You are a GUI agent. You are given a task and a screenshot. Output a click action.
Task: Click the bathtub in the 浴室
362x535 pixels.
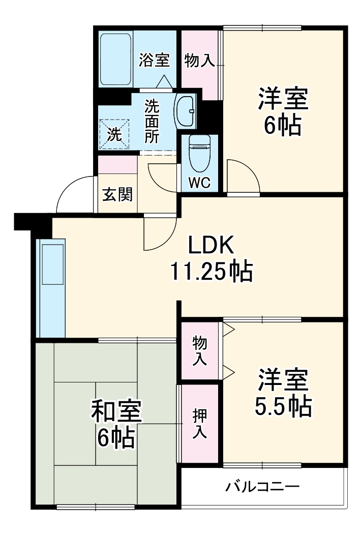click(x=115, y=60)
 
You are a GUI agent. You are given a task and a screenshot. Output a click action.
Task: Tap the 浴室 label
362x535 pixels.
click(x=154, y=60)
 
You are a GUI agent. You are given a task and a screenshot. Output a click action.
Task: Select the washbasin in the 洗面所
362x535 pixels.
click(x=185, y=111)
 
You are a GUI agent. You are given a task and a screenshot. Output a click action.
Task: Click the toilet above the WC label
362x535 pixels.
click(x=200, y=153)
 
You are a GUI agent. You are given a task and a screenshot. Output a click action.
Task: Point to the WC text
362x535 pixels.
click(x=200, y=183)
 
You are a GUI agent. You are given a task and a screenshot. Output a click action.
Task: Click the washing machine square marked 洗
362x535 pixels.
click(x=114, y=134)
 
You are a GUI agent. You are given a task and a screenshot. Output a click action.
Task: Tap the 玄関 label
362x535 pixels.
click(x=117, y=194)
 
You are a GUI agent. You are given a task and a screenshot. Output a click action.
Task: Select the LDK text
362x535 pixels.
click(x=211, y=245)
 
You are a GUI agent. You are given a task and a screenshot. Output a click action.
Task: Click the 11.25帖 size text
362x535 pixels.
click(x=212, y=271)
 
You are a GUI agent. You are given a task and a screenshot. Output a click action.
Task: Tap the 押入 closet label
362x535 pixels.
click(x=200, y=423)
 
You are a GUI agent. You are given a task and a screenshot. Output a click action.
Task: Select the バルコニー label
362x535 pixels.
click(x=262, y=486)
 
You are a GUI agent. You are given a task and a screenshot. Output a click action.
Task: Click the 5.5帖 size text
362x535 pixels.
click(x=283, y=406)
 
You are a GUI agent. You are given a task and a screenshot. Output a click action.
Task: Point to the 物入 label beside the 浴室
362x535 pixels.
click(x=200, y=61)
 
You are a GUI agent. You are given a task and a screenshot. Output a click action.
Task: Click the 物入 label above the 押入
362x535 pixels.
click(x=200, y=350)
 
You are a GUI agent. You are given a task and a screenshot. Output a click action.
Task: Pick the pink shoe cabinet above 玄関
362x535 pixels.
click(x=118, y=164)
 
